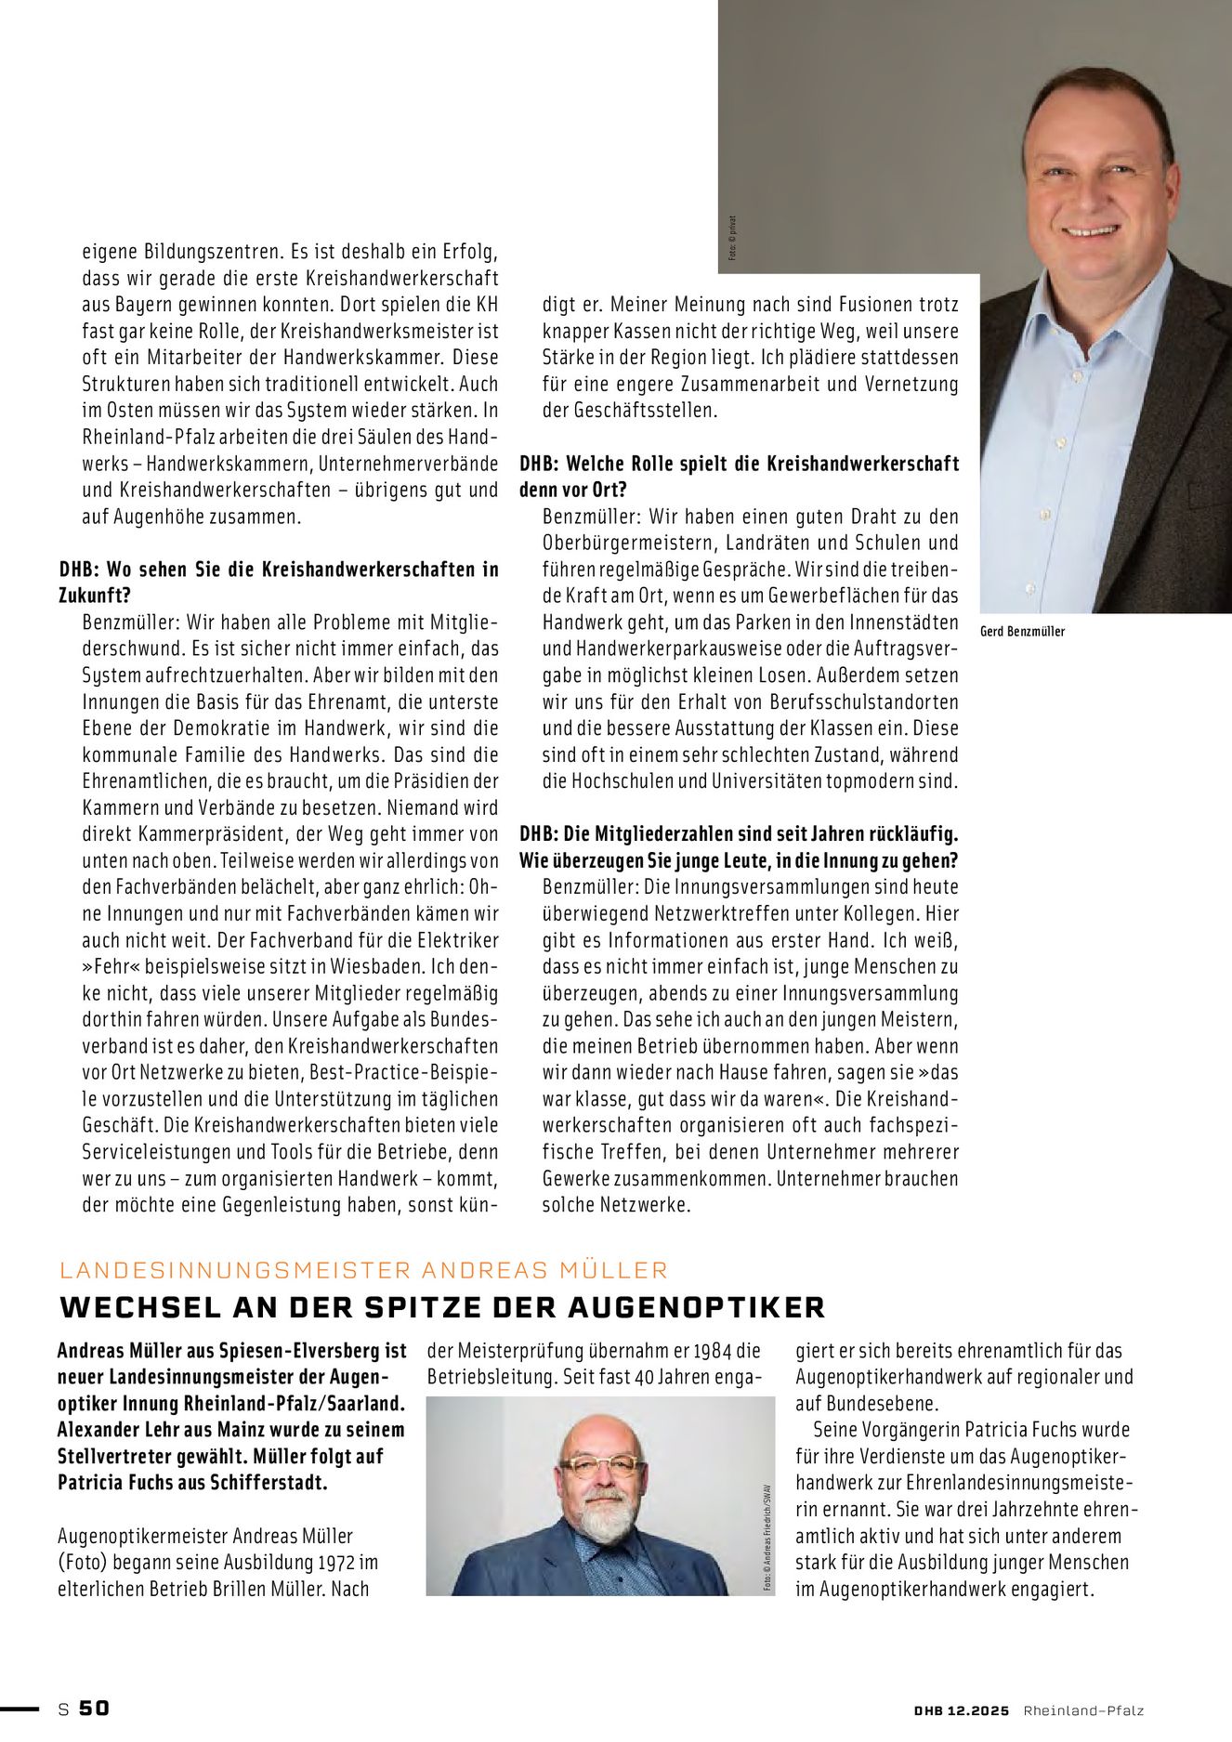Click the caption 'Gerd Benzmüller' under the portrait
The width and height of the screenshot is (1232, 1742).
1022,632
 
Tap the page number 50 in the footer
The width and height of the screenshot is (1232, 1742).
94,1708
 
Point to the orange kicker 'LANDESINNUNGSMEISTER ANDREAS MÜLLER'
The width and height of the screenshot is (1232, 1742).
363,1270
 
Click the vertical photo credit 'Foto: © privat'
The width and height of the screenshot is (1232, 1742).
732,238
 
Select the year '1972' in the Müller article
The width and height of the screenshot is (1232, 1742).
319,1563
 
